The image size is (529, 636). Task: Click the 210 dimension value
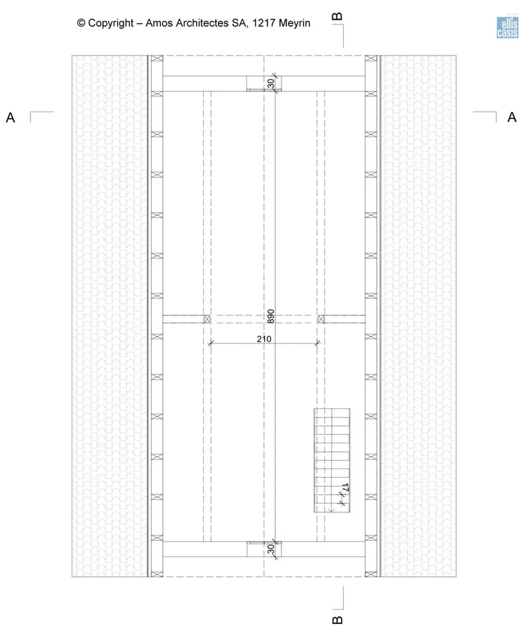click(x=264, y=339)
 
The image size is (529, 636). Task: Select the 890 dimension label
click(x=271, y=317)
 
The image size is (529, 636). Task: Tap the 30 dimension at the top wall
click(x=271, y=83)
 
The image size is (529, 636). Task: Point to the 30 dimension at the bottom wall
click(x=271, y=549)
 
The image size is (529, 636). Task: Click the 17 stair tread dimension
click(x=346, y=488)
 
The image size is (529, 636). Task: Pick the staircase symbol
click(x=332, y=460)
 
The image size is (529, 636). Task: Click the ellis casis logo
click(x=508, y=27)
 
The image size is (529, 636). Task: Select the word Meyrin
click(x=295, y=23)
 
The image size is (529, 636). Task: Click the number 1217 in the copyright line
click(x=264, y=23)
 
